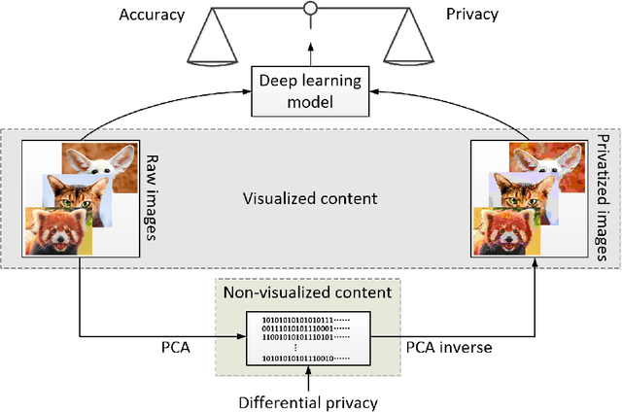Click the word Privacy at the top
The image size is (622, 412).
473,14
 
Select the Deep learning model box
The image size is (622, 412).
310,89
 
